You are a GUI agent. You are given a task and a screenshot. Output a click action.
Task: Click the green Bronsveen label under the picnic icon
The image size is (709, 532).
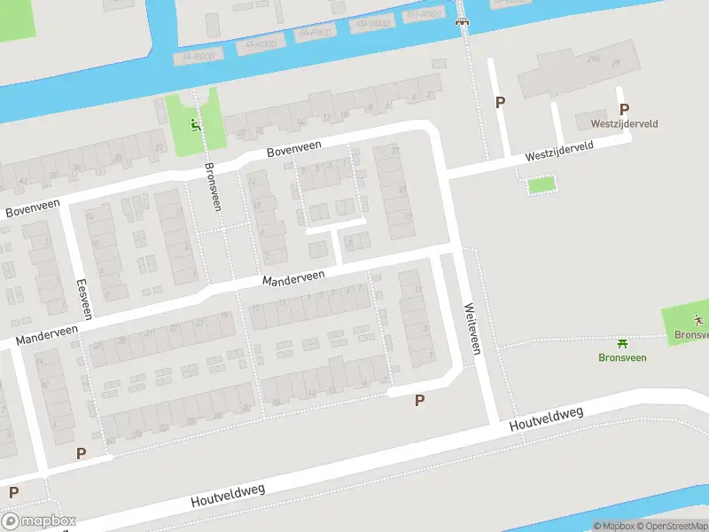point(622,357)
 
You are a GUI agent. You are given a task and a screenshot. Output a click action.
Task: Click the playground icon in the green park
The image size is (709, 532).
point(195,124)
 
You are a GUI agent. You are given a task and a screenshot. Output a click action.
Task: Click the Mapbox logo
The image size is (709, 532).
point(39,521)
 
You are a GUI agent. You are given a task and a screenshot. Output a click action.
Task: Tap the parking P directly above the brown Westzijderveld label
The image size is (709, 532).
point(624,109)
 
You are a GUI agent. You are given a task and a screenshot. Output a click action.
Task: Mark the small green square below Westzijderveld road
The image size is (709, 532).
point(541,185)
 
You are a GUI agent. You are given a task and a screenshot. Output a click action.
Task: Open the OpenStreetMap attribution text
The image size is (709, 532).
point(669,526)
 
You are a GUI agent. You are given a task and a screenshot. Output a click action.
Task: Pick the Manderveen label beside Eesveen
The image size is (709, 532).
point(46,334)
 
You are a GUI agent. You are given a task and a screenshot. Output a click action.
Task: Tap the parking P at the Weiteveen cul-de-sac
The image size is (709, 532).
point(419,400)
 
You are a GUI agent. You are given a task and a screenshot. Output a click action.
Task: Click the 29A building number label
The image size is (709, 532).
point(593,60)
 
